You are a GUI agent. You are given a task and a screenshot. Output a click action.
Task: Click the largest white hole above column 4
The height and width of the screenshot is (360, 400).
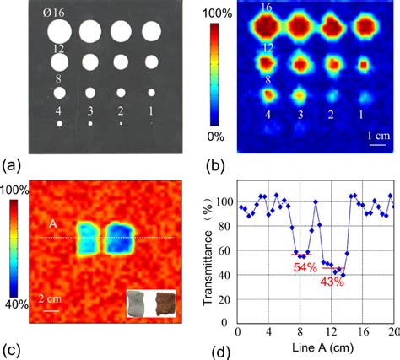point(60,33)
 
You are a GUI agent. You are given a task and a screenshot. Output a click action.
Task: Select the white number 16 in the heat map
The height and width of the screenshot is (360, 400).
point(266,8)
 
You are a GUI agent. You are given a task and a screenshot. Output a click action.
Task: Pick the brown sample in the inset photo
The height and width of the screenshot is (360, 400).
point(164,304)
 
